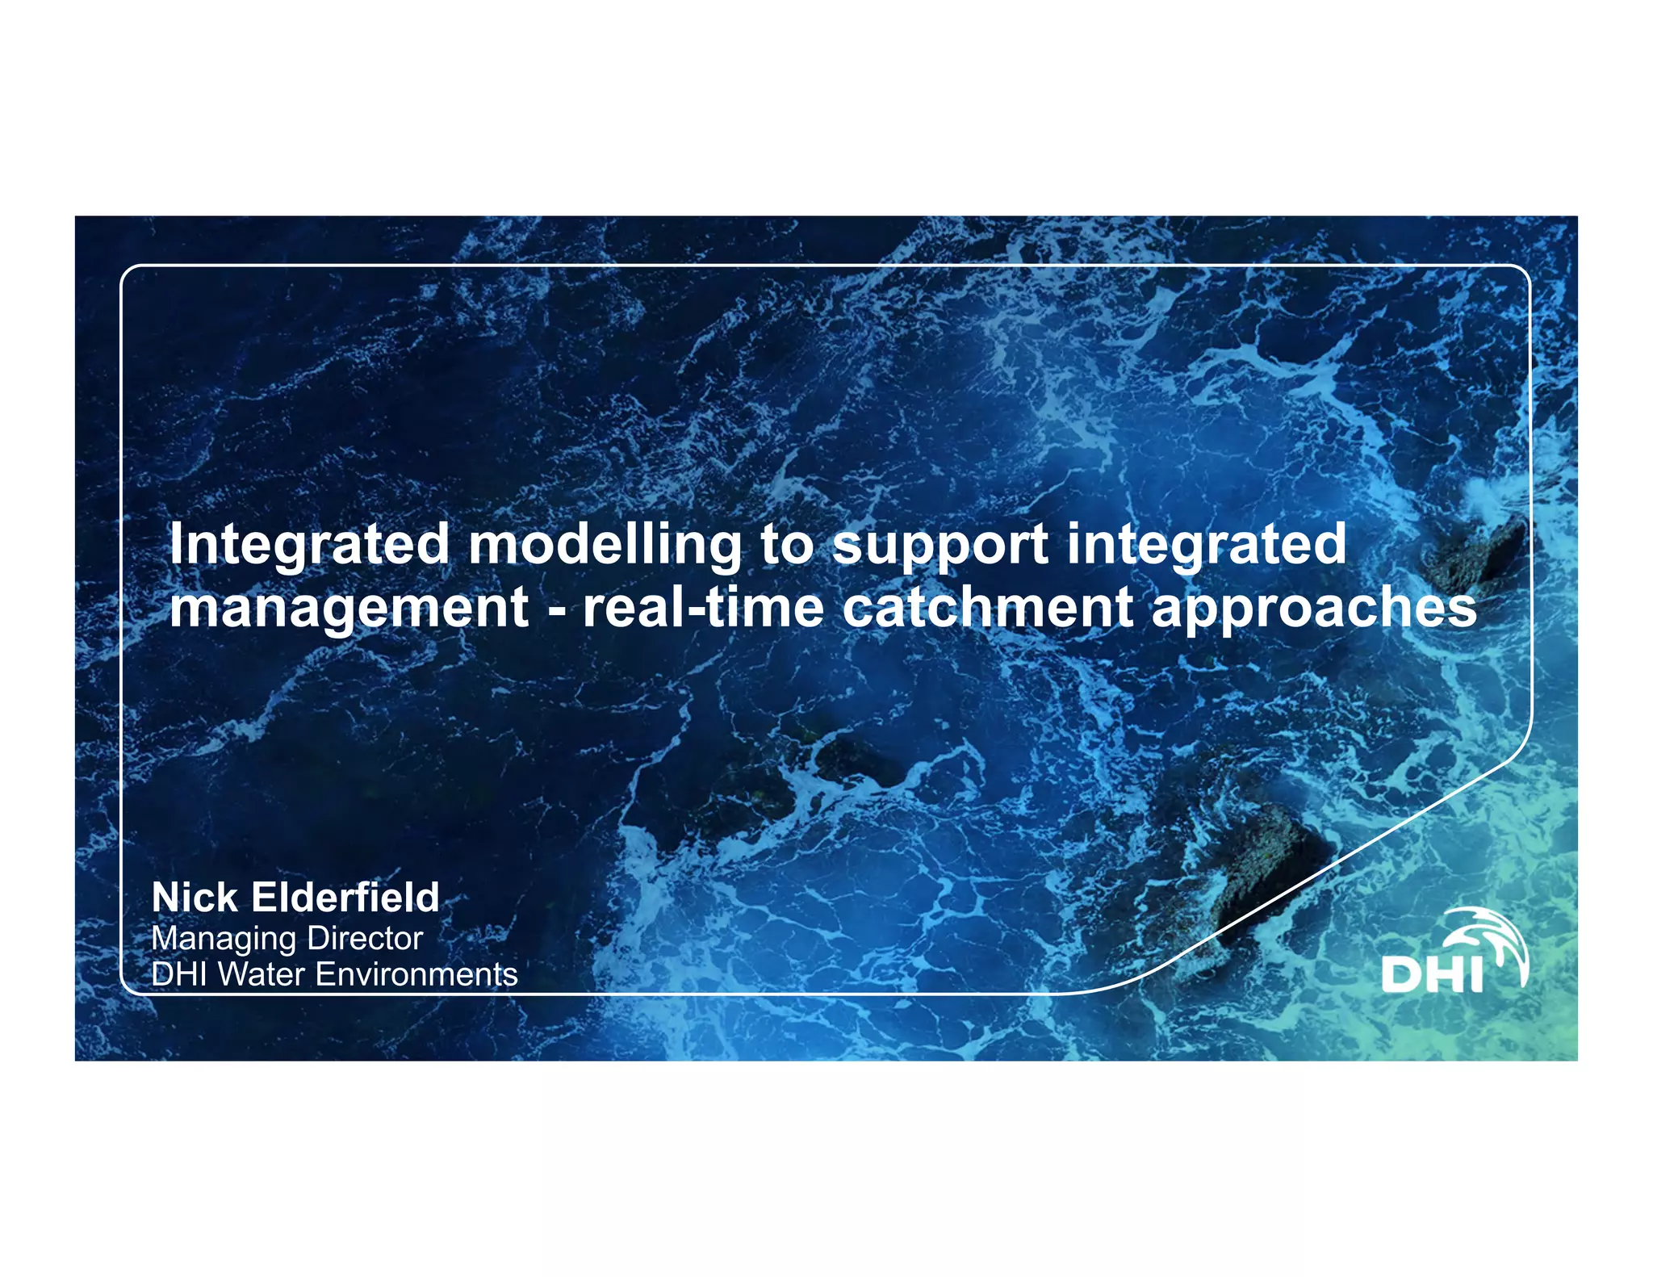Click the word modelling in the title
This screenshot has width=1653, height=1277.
coord(605,545)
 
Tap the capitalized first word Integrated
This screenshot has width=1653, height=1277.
coord(309,545)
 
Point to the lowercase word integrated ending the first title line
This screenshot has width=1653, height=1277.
coord(1206,545)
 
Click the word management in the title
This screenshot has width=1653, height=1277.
coord(349,609)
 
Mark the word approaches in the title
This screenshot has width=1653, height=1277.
coord(1314,609)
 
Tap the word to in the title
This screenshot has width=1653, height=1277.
coord(787,545)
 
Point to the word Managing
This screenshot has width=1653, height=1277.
coord(224,940)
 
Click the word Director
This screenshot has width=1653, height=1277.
coord(365,938)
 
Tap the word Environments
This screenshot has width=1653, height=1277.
coord(416,974)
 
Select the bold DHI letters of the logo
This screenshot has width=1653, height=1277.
coord(1433,974)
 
